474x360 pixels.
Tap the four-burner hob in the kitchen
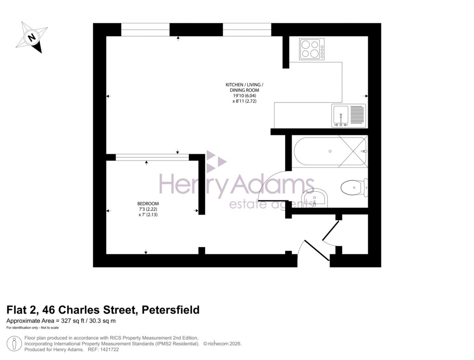pyautogui.click(x=312, y=49)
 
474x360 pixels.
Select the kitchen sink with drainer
pyautogui.click(x=349, y=116)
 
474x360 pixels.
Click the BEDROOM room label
pyautogui.click(x=148, y=204)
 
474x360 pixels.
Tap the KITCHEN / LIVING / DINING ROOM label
pyautogui.click(x=244, y=88)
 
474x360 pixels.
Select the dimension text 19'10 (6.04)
pyautogui.click(x=244, y=96)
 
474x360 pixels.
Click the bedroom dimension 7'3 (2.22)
pyautogui.click(x=148, y=210)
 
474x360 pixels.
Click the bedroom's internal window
pyautogui.click(x=152, y=157)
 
